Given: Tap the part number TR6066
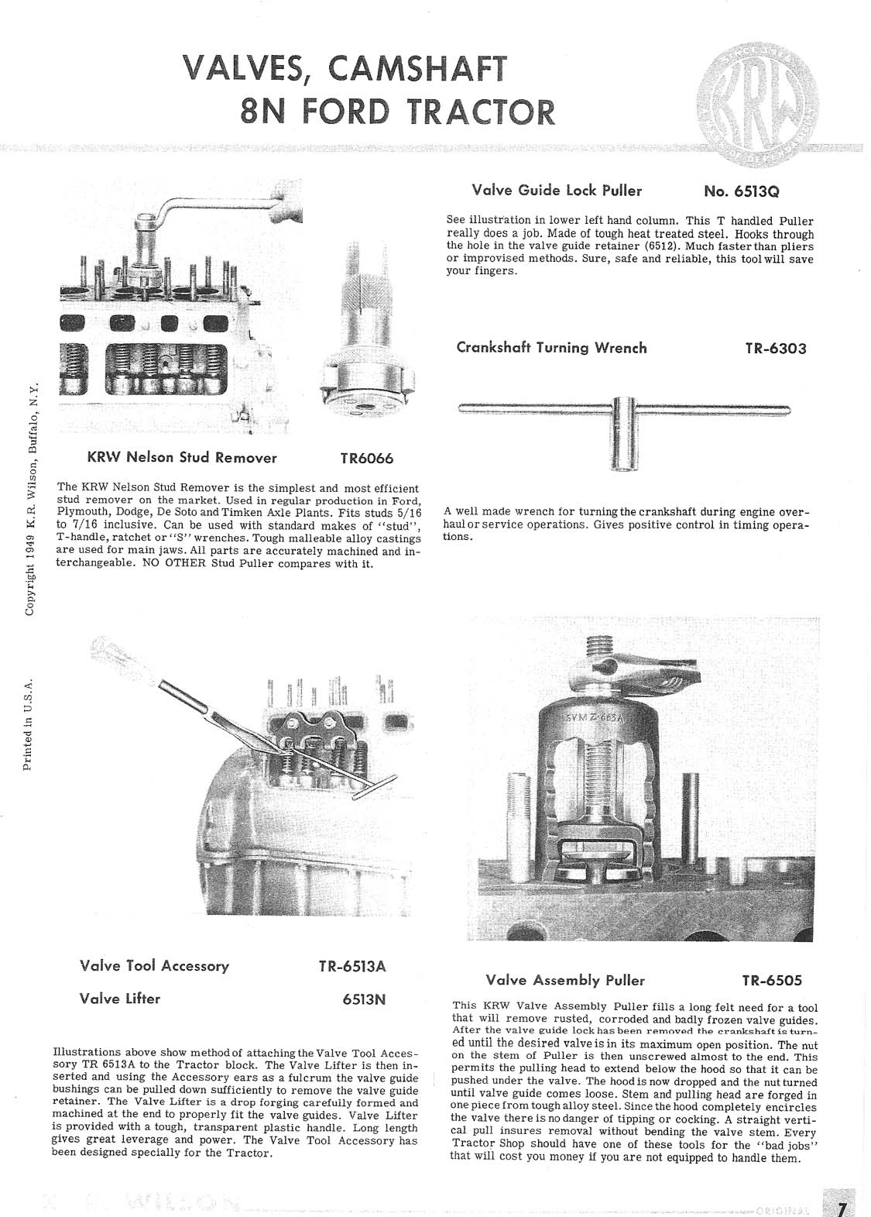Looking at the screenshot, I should tap(367, 458).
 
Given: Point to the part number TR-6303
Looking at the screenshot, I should tap(776, 349).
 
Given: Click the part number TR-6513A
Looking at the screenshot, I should tap(351, 967).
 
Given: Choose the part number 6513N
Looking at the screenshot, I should tap(363, 999).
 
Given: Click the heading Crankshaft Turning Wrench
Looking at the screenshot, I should tap(551, 348).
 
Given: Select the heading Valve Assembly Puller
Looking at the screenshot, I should tap(565, 981).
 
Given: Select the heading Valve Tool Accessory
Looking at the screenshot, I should tap(154, 966).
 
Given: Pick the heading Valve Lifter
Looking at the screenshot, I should tap(120, 999).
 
